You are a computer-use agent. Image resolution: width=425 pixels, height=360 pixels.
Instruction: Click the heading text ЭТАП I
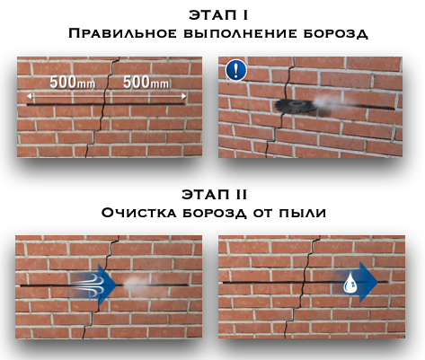tap(218, 15)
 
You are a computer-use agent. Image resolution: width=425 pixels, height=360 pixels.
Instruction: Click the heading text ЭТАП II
tap(215, 195)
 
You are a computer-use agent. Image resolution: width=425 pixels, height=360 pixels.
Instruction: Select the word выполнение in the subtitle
tap(240, 33)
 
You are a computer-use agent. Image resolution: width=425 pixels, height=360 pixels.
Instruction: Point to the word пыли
tap(303, 213)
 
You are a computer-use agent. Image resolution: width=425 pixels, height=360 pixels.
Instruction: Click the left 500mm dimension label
tap(73, 83)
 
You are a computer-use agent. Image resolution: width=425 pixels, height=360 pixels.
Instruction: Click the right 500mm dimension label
tap(146, 83)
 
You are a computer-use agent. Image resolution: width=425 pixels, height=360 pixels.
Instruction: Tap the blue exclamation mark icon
tap(236, 70)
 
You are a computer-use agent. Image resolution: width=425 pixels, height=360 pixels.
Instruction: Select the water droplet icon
tap(350, 283)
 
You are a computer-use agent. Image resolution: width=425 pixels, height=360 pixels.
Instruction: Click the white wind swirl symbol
tap(89, 284)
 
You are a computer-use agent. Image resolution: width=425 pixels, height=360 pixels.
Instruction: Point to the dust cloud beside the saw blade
tap(328, 101)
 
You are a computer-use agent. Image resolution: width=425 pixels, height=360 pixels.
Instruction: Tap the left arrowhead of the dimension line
tap(28, 96)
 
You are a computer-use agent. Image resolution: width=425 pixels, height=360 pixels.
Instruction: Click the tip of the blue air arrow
tap(117, 285)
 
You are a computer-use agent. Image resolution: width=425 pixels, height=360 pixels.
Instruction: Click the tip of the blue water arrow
tap(378, 282)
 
